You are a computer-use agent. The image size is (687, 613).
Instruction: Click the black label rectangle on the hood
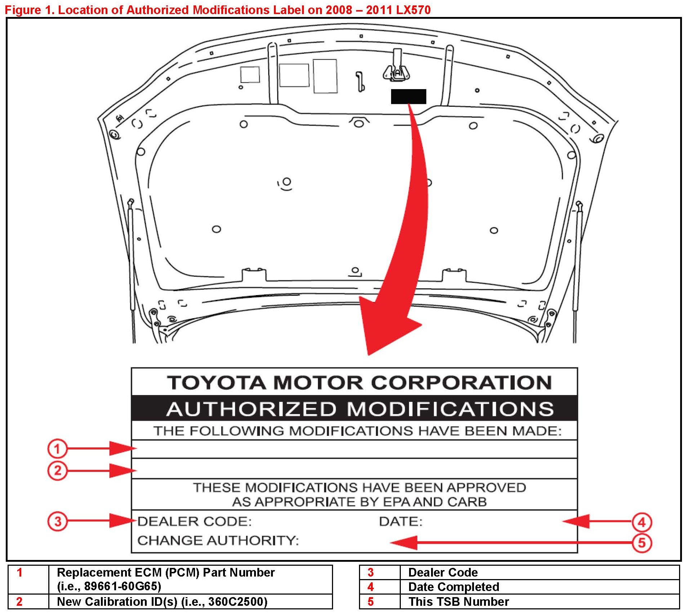pos(408,96)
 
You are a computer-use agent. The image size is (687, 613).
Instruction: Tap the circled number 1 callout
pos(57,448)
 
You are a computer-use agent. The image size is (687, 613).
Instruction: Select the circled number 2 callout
pos(57,470)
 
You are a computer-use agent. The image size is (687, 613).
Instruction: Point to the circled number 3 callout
pos(57,521)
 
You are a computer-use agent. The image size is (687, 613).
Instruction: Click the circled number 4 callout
pos(642,522)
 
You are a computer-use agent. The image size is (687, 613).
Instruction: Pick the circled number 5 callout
pos(642,542)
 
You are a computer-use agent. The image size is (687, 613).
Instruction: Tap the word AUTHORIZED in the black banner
pos(251,409)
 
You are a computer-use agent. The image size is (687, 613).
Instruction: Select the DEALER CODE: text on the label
pos(194,521)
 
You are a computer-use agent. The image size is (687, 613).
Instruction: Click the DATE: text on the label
pos(400,521)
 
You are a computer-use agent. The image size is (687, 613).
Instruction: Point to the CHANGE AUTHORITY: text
pos(218,540)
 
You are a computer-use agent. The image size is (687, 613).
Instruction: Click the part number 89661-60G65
pos(123,586)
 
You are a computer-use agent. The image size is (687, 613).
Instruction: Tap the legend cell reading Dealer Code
pos(443,572)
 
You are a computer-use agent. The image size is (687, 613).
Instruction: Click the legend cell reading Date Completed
pos(453,587)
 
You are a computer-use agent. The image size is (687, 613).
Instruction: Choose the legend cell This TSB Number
pos(458,602)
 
